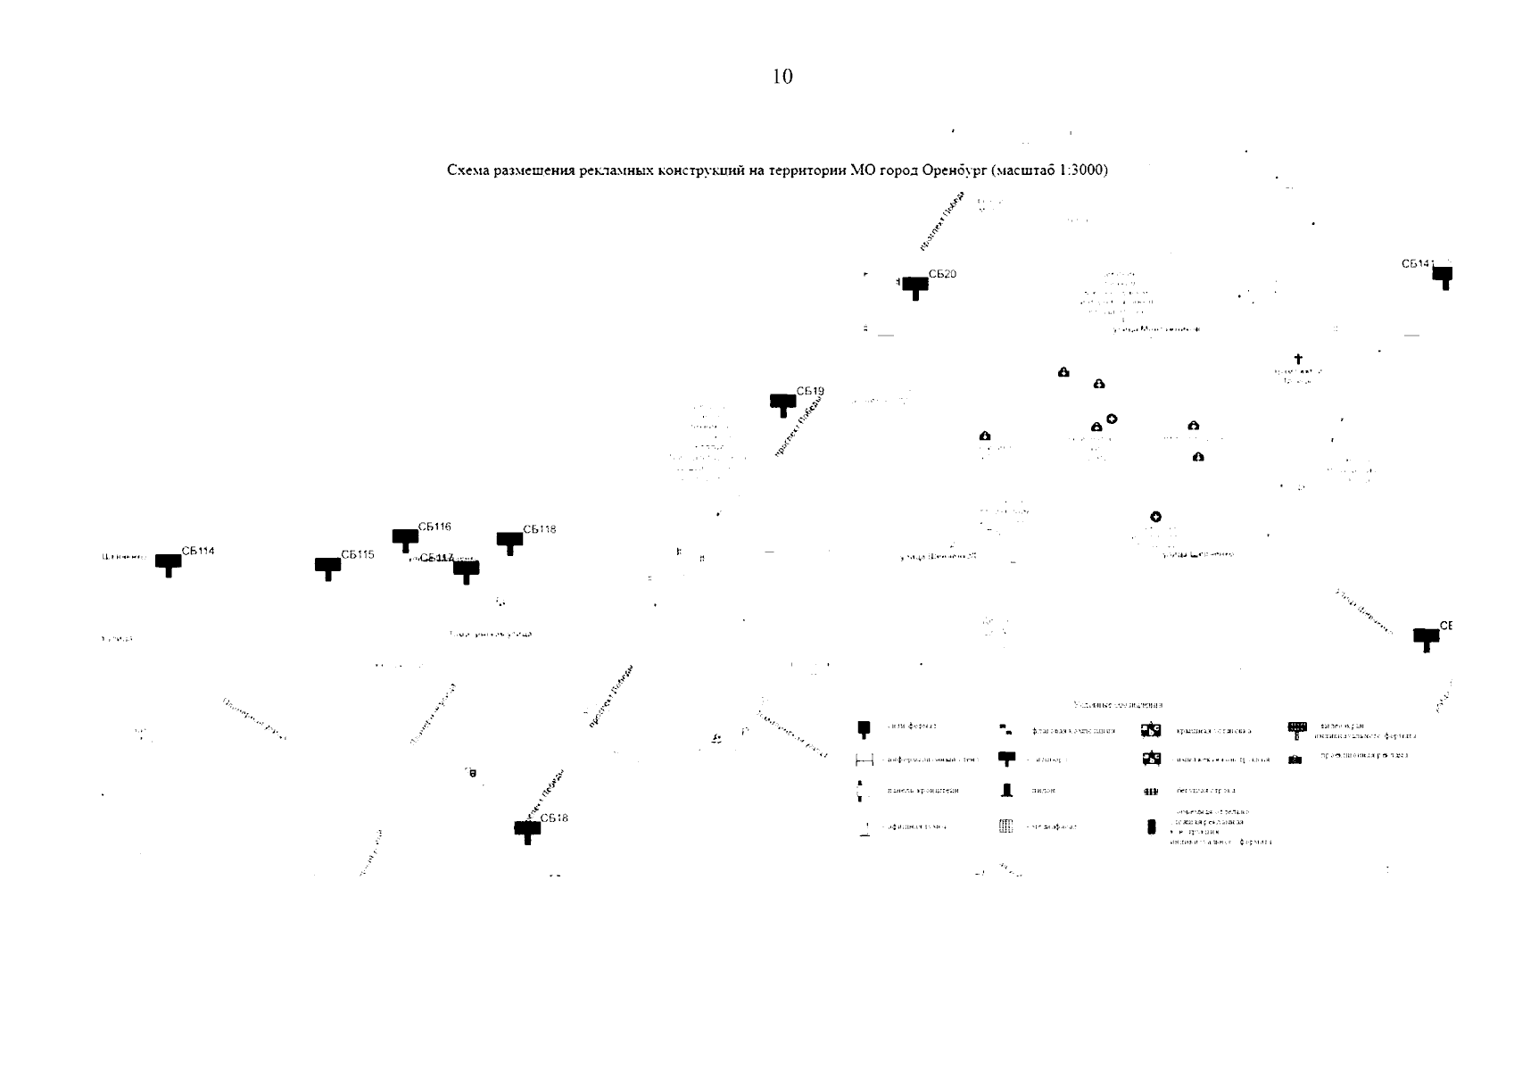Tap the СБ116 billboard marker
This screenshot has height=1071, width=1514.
(x=405, y=539)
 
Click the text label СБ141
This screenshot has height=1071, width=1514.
(x=1418, y=264)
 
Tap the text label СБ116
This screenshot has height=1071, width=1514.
(x=434, y=527)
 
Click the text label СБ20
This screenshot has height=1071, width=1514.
(x=942, y=274)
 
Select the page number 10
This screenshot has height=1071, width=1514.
(x=782, y=77)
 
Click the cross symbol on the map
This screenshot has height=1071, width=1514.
(x=1298, y=359)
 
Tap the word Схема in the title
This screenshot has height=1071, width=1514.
(x=468, y=170)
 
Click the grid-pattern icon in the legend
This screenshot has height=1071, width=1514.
(x=1005, y=826)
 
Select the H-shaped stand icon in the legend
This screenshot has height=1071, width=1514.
(x=864, y=760)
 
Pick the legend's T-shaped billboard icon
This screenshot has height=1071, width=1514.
(x=1006, y=759)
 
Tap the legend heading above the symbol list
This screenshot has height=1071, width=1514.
(x=1118, y=705)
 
